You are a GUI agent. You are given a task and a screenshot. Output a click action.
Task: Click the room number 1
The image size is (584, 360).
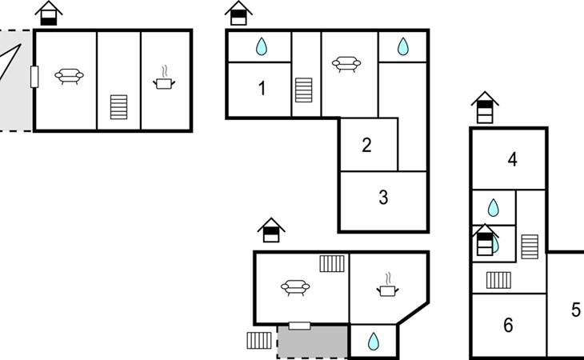coord(262,89)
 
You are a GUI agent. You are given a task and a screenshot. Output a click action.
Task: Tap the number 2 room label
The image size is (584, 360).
coord(367,145)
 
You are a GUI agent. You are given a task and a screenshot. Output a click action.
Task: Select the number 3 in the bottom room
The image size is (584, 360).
coord(383,198)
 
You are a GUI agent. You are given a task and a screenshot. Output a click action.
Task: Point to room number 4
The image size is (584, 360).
coord(513,159)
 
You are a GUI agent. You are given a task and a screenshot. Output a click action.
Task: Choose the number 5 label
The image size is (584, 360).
coord(576,310)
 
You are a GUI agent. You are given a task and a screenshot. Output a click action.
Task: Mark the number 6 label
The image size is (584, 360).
coord(508,325)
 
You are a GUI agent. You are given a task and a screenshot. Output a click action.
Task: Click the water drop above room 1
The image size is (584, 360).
coord(262,46)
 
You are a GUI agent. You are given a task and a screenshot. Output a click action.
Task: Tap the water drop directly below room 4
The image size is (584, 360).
coord(493,208)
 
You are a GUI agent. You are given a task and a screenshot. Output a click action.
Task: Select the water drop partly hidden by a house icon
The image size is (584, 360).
coord(495,244)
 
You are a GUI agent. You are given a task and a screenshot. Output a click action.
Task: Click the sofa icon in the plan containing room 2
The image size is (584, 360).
coord(346,64)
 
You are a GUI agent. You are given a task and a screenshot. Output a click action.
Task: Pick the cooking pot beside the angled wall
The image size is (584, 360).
coord(387,286)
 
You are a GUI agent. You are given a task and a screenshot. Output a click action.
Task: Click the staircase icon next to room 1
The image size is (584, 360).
coord(303,90)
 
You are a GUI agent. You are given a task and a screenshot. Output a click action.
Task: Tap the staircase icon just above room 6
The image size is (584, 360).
coord(498,280)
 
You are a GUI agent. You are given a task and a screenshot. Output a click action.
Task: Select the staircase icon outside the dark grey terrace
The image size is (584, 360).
coord(259,340)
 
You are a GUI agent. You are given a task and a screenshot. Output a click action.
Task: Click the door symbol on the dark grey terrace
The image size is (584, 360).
coord(299,326)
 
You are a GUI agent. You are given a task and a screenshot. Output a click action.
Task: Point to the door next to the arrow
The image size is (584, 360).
coord(34,77)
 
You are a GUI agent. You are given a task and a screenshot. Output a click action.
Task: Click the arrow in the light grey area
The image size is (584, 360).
coord(10,62)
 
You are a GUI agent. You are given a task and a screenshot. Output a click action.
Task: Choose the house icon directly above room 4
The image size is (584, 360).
coord(485,107)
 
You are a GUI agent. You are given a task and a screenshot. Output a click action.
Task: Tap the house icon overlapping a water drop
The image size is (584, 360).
coord(485,240)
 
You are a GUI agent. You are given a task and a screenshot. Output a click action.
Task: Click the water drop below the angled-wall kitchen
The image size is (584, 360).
coord(373,342)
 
